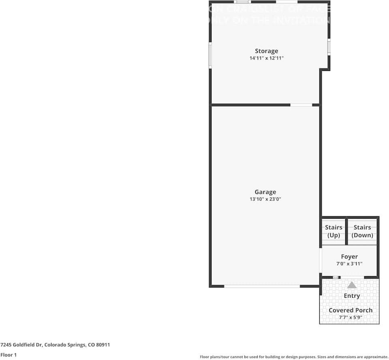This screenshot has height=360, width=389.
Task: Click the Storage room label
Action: tap(266, 51)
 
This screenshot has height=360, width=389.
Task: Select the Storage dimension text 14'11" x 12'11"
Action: tap(266, 58)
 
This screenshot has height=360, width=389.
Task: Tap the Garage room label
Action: tap(265, 192)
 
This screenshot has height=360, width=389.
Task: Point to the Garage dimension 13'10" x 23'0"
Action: tap(265, 199)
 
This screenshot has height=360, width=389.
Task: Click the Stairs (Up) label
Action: tap(333, 231)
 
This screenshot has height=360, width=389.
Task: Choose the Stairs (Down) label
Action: tap(362, 231)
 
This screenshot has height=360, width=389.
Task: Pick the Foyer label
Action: tap(349, 257)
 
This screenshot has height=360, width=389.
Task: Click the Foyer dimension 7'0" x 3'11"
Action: tap(349, 264)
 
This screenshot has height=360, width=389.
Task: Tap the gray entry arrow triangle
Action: tap(352, 285)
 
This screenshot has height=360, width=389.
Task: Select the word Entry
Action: tap(352, 296)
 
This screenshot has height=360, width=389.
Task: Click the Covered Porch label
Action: tap(351, 310)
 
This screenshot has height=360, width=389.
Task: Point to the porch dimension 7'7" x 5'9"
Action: tap(351, 317)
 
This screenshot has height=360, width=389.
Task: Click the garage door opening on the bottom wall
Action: tap(262, 286)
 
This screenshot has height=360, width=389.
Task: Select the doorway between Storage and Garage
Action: tap(301, 105)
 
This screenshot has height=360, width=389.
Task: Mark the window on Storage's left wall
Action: tap(210, 55)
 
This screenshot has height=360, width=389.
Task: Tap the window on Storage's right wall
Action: tap(329, 47)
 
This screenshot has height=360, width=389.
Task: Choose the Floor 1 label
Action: tap(9, 355)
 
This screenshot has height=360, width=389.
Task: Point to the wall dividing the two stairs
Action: tap(346, 232)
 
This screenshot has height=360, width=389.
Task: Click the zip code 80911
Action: tap(103, 345)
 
